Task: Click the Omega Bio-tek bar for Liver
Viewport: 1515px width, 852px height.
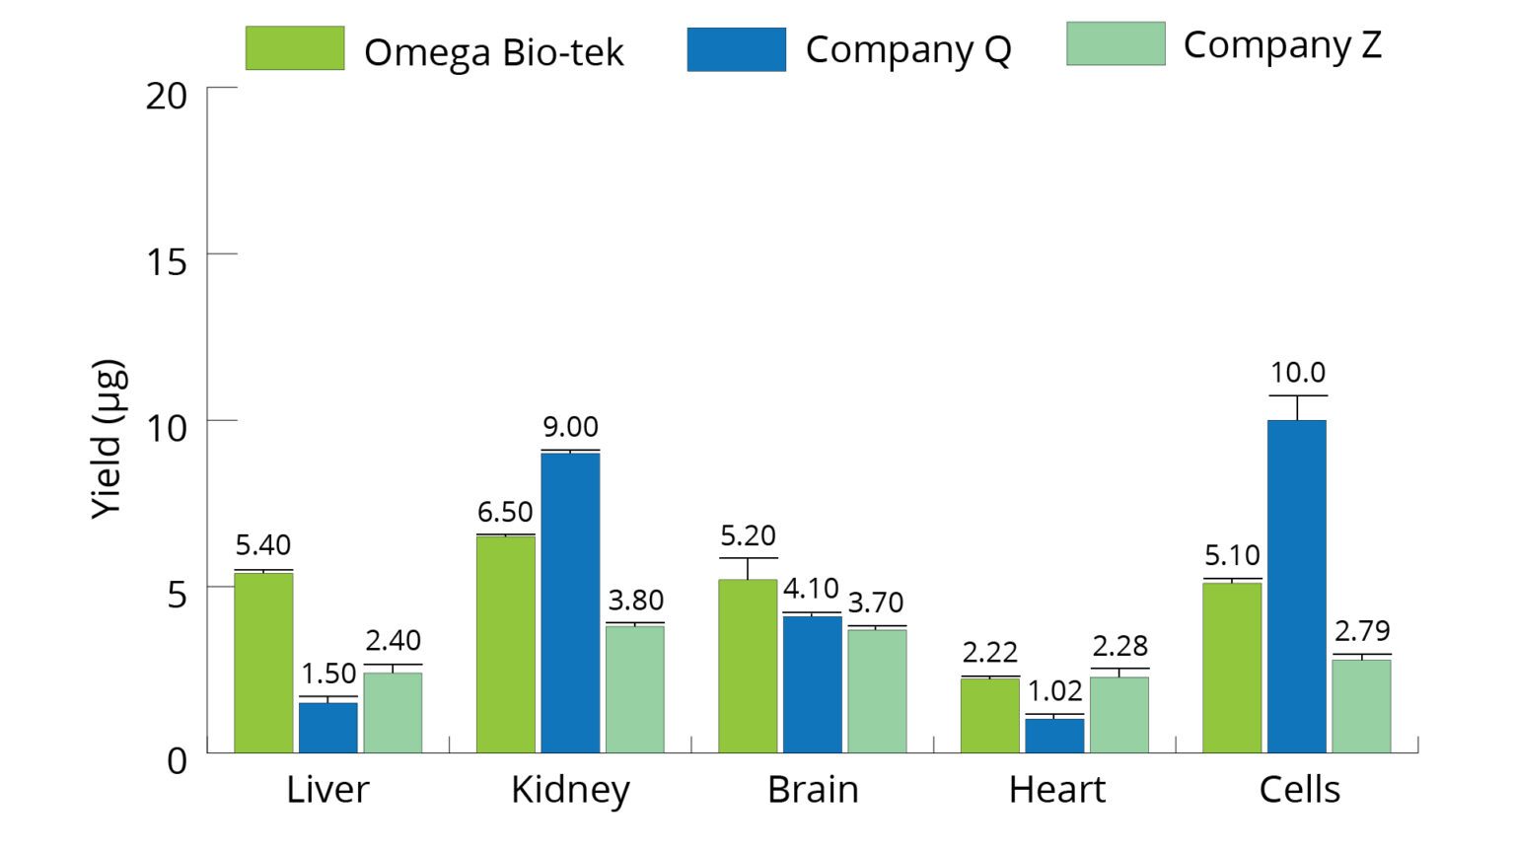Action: coord(263,663)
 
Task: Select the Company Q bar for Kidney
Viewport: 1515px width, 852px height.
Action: coord(570,603)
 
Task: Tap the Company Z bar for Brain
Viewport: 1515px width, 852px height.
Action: coord(877,690)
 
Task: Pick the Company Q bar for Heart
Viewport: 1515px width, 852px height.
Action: coord(1054,736)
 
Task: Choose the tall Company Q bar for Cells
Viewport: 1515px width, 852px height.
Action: coord(1296,587)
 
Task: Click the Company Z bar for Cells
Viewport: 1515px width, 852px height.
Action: coord(1361,706)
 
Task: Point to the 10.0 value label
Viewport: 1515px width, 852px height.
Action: coord(1297,373)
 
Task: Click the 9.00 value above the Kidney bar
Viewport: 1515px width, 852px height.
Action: coord(570,427)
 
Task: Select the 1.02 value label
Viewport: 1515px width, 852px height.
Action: coord(1054,690)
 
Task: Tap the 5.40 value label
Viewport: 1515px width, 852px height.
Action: coord(262,544)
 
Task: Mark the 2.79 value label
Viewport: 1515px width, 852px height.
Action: coord(1362,630)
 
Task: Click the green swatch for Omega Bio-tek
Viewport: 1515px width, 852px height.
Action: coord(295,48)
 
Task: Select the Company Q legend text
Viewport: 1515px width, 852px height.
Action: coord(907,49)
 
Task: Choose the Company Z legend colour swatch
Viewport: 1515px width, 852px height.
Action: coord(1116,44)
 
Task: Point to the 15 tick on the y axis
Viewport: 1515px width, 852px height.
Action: coord(166,261)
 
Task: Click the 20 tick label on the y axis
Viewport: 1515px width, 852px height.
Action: coord(166,96)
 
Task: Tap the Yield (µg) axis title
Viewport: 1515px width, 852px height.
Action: coord(108,439)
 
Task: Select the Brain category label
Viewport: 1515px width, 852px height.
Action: coord(813,790)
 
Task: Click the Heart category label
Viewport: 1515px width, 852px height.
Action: coord(1056,790)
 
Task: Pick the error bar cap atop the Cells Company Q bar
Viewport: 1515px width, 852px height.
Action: coord(1297,395)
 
